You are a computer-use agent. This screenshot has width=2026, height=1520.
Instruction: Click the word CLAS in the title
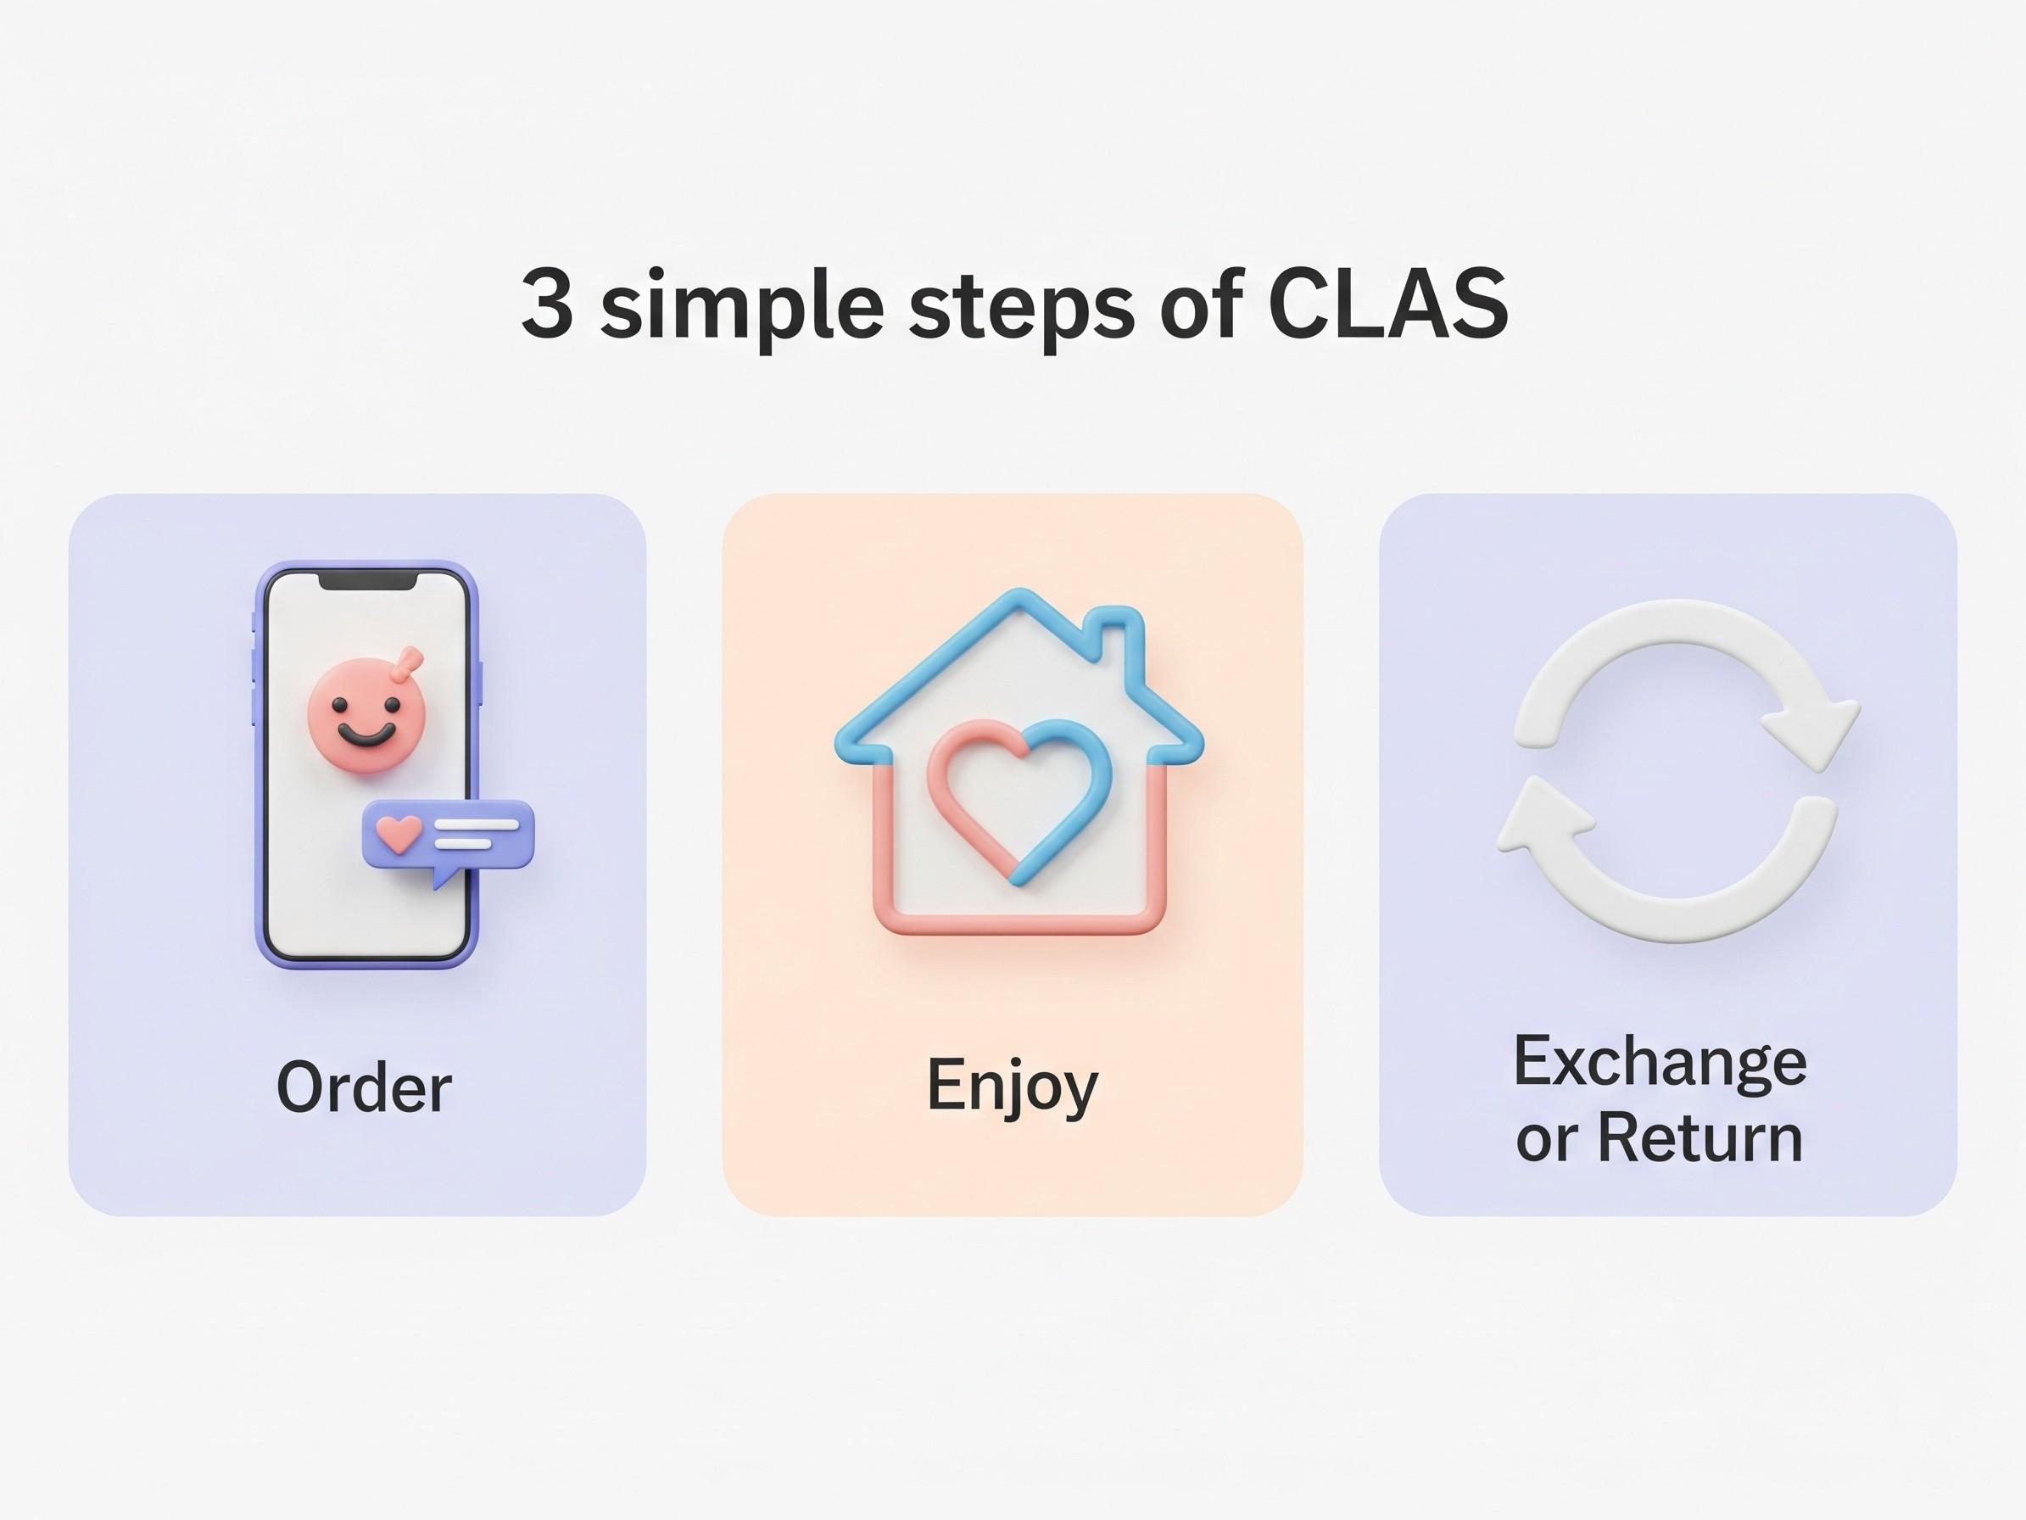pos(1388,305)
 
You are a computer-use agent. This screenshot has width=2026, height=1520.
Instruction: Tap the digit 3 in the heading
pos(547,305)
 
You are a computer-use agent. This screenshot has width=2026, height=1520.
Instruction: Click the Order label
pos(364,1087)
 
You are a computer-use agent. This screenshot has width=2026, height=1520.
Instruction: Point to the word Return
pos(1701,1139)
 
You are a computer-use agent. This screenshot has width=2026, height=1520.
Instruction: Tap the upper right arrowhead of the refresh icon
pos(1810,731)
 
